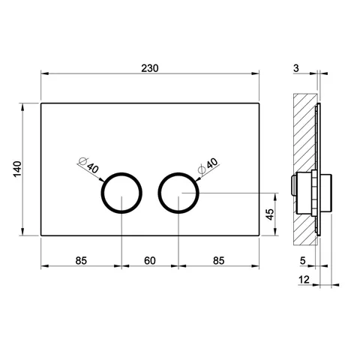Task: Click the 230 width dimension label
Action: [150, 68]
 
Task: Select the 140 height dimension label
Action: [17, 169]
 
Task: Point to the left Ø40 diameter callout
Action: [89, 165]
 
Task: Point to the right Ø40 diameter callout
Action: [208, 166]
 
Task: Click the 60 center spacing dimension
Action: [150, 261]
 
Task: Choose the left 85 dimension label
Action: [81, 261]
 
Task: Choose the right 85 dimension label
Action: [219, 261]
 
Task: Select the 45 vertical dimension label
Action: [270, 214]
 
